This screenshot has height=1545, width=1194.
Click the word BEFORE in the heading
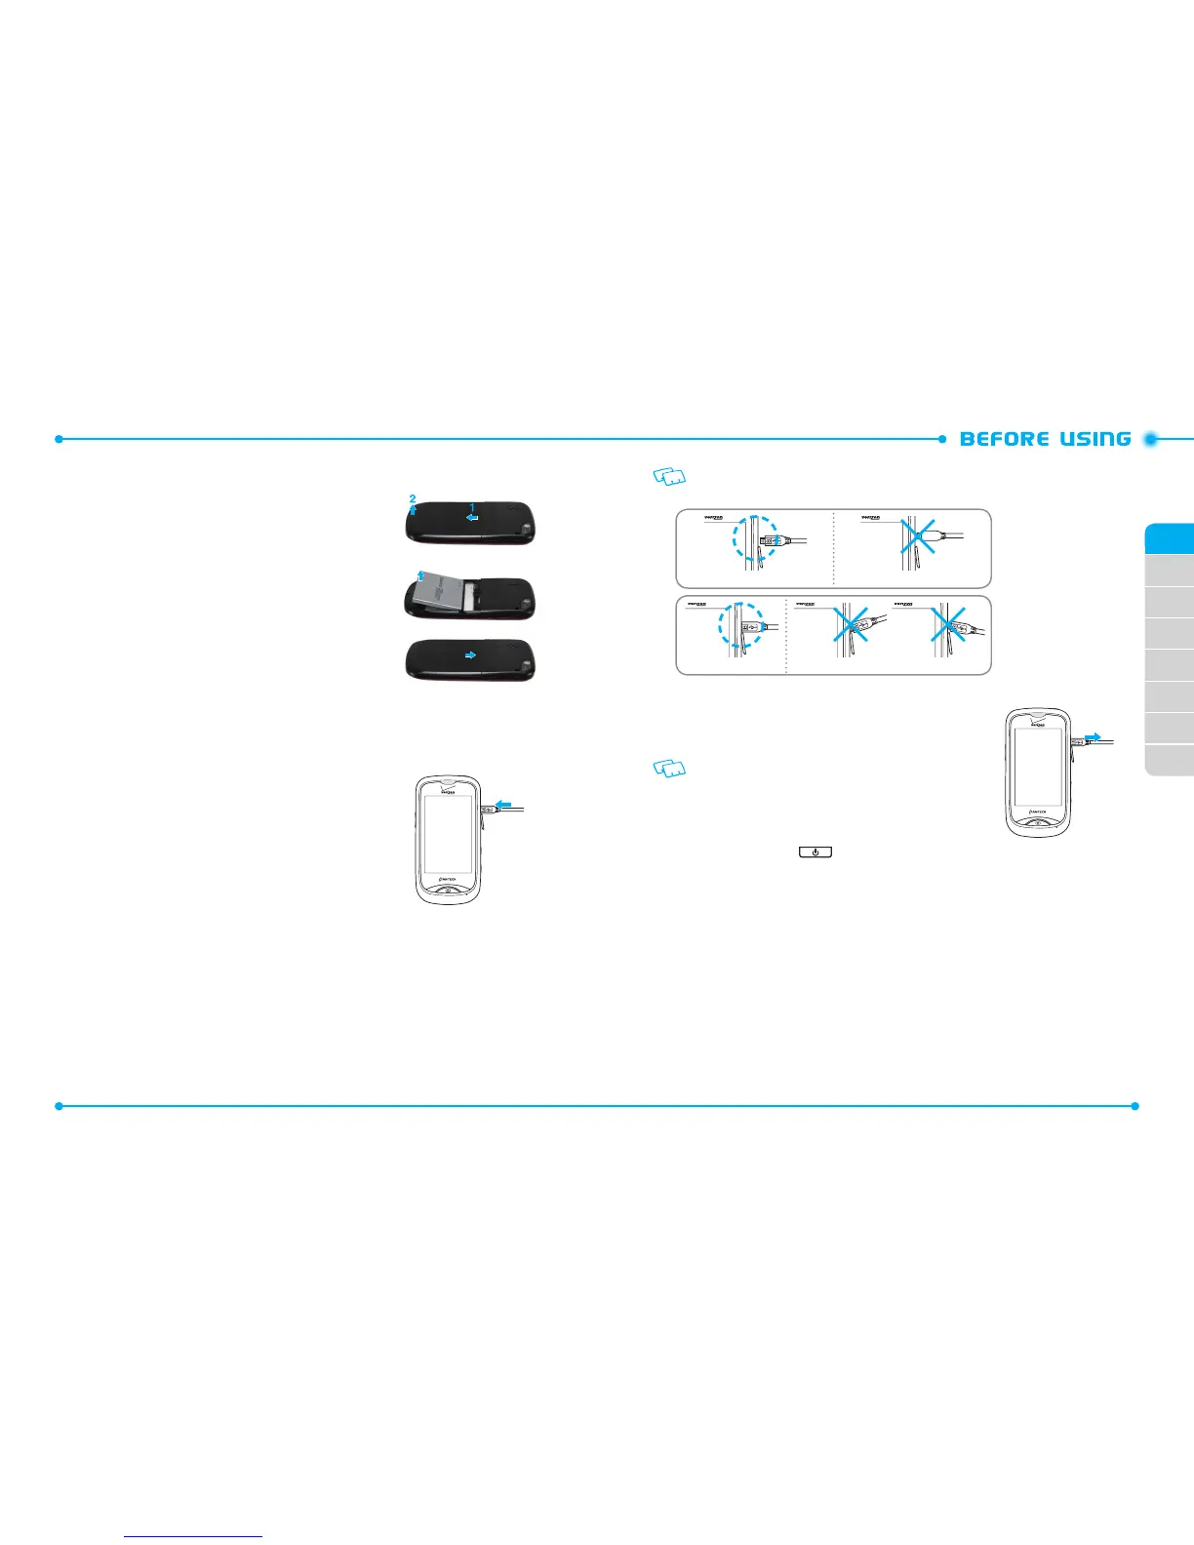click(x=1004, y=439)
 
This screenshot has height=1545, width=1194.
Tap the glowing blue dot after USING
click(x=1151, y=439)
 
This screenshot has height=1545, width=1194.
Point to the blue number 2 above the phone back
click(x=413, y=498)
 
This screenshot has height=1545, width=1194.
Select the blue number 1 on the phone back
click(x=473, y=507)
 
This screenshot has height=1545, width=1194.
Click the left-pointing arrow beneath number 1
click(x=472, y=521)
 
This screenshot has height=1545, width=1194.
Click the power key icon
click(x=816, y=852)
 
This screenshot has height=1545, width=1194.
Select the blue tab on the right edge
click(x=1170, y=538)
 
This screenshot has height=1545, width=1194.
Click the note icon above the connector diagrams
click(x=669, y=477)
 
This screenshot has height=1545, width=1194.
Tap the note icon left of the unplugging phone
click(x=669, y=770)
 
